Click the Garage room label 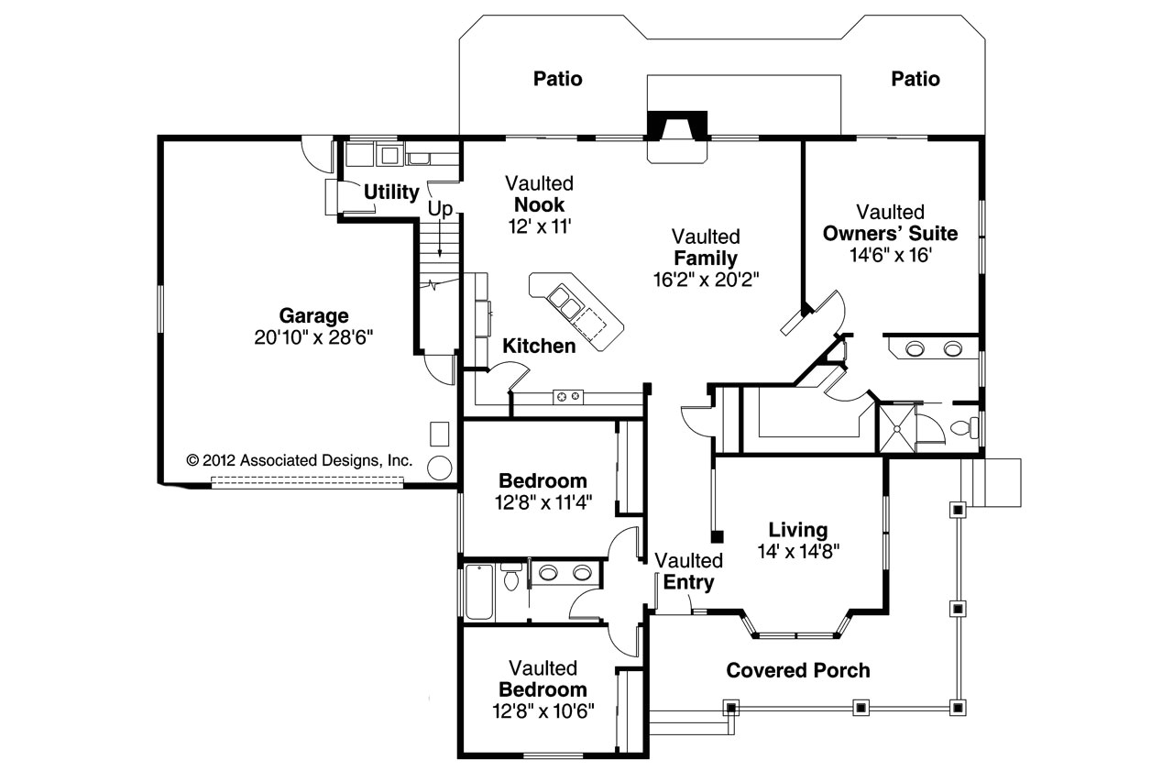click(x=313, y=316)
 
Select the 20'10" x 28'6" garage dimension click(x=313, y=337)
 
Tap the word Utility click(x=391, y=193)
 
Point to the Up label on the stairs click(x=440, y=210)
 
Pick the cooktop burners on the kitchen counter click(x=568, y=396)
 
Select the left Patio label click(x=558, y=80)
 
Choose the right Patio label click(x=915, y=80)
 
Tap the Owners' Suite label click(x=890, y=234)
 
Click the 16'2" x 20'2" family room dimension click(x=707, y=280)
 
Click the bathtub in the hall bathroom click(x=479, y=591)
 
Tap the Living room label click(x=798, y=530)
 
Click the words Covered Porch click(x=798, y=671)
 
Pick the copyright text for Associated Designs click(x=300, y=460)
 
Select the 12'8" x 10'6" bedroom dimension click(x=543, y=710)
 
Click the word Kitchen click(x=539, y=347)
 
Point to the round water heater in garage click(x=439, y=467)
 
